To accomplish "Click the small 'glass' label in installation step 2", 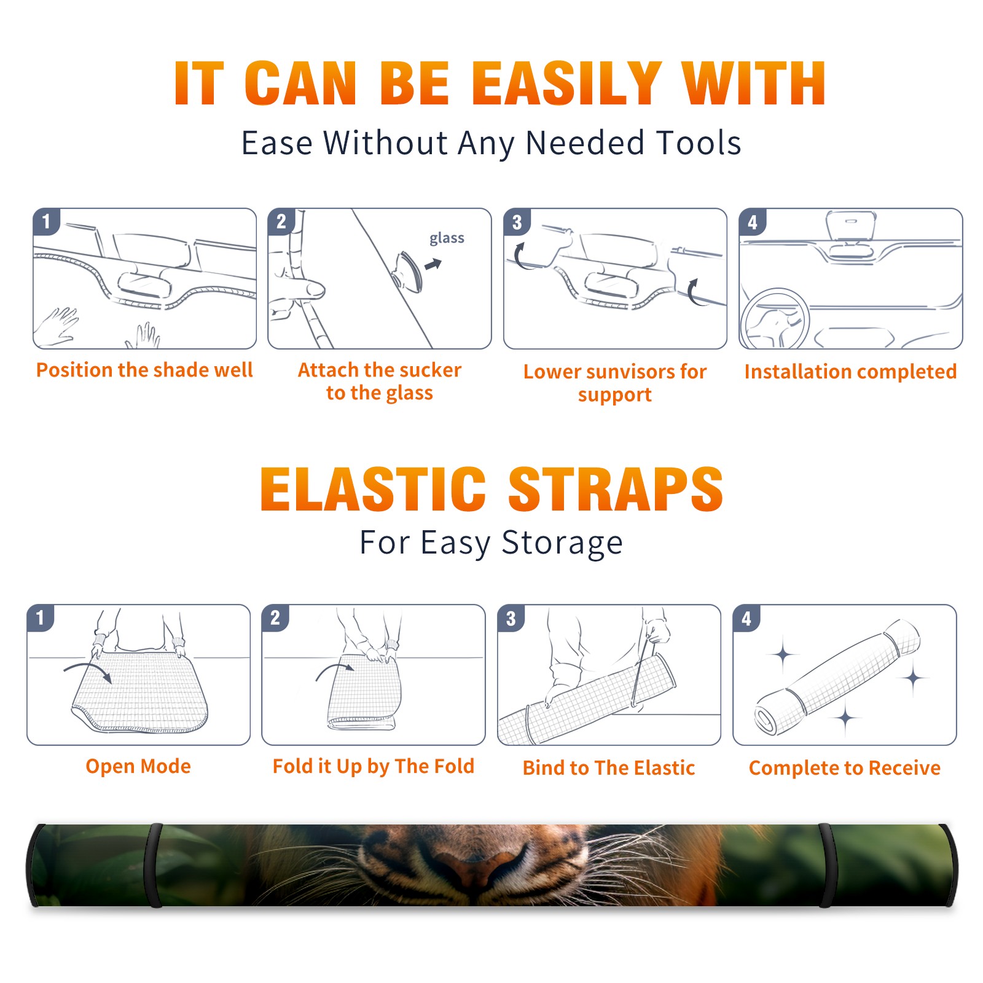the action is click(447, 238).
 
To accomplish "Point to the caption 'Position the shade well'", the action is click(144, 370).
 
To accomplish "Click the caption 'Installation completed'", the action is click(850, 372).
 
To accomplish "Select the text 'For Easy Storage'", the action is click(491, 543).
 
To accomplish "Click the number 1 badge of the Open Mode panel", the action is click(41, 618).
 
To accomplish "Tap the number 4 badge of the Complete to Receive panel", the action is click(746, 618).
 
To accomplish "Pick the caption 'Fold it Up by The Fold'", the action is click(374, 766).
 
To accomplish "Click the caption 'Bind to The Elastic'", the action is click(609, 768).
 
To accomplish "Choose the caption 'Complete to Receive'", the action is click(845, 768).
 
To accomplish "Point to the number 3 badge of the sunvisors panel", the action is click(517, 222).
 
